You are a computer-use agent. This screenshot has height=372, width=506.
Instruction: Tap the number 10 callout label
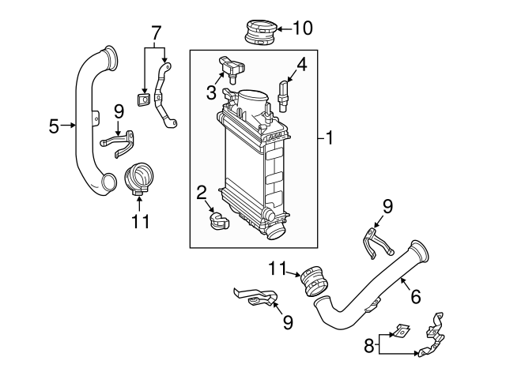(x=303, y=29)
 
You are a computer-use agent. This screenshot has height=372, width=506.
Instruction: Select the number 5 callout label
(x=54, y=126)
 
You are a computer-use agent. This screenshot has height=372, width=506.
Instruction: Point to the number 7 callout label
(x=156, y=33)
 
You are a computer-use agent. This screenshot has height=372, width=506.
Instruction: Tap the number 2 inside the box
(x=202, y=192)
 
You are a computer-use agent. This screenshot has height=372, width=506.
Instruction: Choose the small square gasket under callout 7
(x=143, y=100)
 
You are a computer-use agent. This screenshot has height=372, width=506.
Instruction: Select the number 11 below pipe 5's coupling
(x=140, y=222)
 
